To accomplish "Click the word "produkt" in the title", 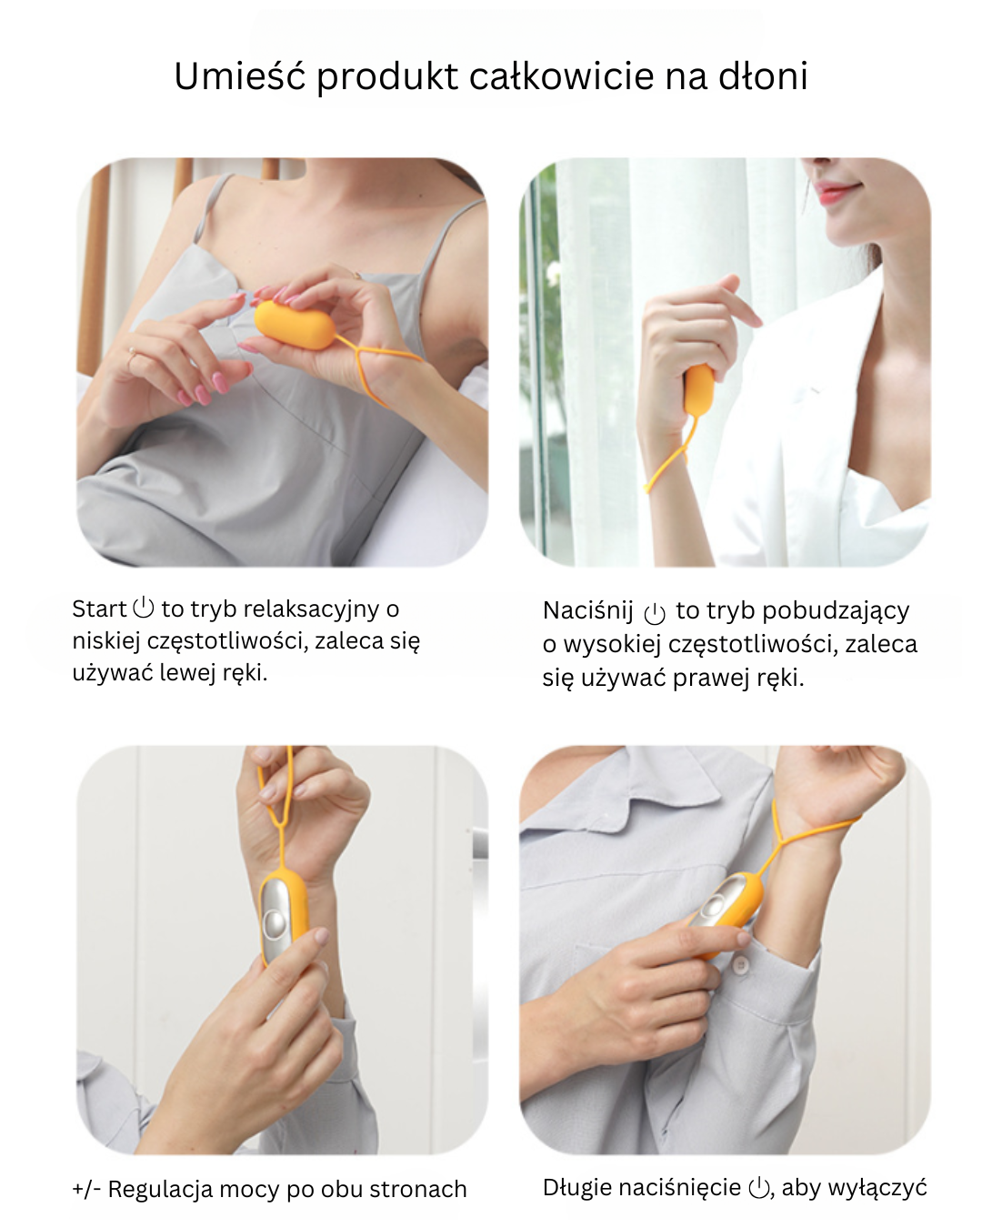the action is point(387,76).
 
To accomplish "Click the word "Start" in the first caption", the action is point(99,609).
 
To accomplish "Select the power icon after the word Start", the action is point(144,607).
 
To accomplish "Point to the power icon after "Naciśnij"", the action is point(655,613).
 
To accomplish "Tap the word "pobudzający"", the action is point(836,611).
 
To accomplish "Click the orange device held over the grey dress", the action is point(295,325).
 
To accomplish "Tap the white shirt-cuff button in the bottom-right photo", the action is point(741,964).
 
